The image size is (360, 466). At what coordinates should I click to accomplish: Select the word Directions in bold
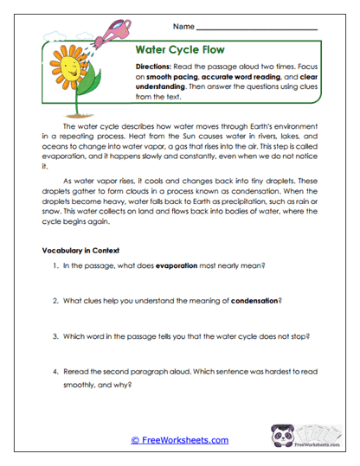(155, 67)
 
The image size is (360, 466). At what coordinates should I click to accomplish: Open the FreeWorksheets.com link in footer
(179, 440)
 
